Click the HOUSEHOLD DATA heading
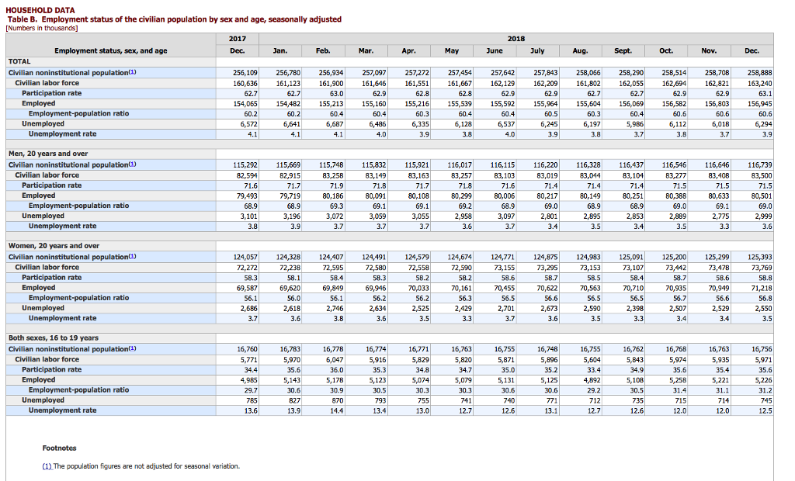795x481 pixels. click(40, 10)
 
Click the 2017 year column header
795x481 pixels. click(238, 39)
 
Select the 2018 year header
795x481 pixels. click(516, 39)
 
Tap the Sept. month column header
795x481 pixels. click(623, 50)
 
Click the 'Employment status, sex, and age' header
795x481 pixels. click(111, 50)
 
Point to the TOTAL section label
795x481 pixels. click(19, 61)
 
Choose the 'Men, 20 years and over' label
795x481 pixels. click(48, 154)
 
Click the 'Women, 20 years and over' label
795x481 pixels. click(54, 246)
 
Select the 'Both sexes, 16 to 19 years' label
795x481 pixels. click(54, 338)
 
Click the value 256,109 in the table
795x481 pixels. click(245, 73)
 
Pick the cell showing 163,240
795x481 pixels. click(760, 83)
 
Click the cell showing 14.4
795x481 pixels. click(337, 411)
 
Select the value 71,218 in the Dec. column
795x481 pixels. click(762, 288)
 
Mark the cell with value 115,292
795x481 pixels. click(245, 165)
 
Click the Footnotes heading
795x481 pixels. click(59, 448)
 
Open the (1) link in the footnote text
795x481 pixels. click(47, 466)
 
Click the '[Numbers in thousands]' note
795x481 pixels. click(42, 28)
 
